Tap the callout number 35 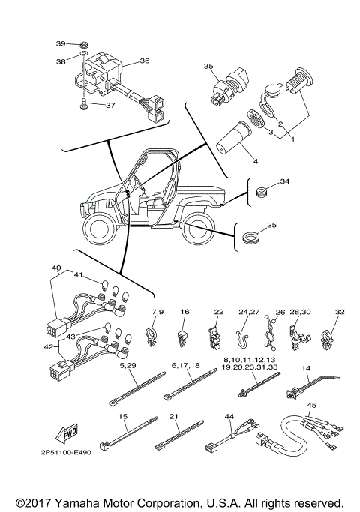coord(209,67)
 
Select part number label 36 coord(145,61)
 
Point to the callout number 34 coord(284,182)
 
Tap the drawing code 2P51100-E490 coord(61,453)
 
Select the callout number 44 coord(229,416)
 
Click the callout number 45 coord(311,406)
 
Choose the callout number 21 coord(173,416)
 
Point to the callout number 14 coord(306,368)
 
